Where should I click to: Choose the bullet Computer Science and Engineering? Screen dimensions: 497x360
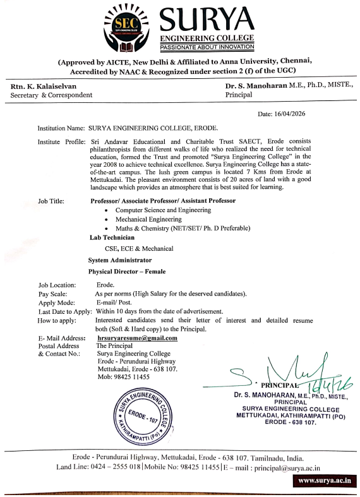163,209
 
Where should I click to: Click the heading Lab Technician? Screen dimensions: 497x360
112,237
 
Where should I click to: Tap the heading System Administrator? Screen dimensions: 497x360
120,260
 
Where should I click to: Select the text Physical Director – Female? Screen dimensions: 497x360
127,272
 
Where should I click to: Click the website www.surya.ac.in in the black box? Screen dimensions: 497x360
325,481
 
